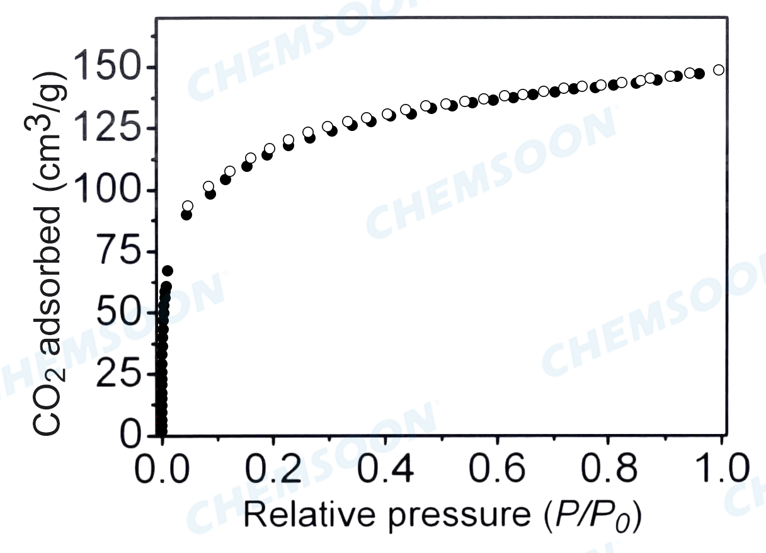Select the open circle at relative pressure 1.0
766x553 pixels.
(x=719, y=70)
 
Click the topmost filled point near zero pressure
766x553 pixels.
(x=168, y=271)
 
